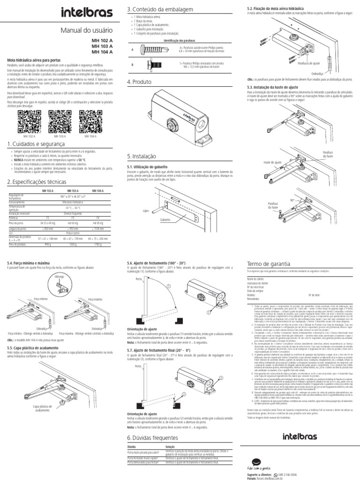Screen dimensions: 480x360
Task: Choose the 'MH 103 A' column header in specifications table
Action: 72,191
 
